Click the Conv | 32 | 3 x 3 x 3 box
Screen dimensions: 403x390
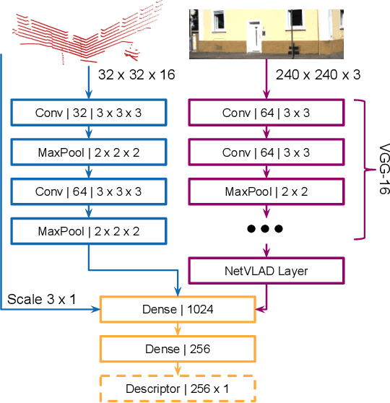[x=89, y=113]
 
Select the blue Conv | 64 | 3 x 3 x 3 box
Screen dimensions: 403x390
[x=89, y=191]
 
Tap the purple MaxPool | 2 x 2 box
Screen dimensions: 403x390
[x=266, y=191]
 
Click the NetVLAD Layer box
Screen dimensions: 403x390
[x=266, y=271]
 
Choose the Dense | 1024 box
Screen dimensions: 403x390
[x=178, y=310]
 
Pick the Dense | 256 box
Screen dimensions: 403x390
[x=178, y=349]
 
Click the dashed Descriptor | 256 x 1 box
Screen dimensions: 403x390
[x=178, y=389]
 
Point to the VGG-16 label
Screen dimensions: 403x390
[x=378, y=168]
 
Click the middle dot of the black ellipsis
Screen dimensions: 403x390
[x=266, y=229]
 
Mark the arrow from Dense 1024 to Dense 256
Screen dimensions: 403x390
[x=178, y=329]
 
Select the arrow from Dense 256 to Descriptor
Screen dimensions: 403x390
[x=178, y=368]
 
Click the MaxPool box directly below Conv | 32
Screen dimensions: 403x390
[x=89, y=152]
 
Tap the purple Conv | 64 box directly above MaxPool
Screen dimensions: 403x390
[x=266, y=152]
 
